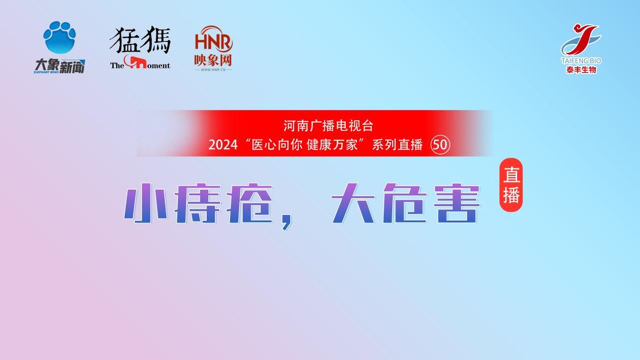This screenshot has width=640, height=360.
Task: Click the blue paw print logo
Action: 60,37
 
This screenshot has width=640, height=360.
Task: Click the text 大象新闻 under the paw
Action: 60,66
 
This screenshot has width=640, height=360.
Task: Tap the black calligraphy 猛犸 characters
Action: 140,40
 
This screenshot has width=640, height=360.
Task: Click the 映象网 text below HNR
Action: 213,60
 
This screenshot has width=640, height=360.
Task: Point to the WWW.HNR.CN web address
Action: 213,69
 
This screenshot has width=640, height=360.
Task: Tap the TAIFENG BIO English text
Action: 581,61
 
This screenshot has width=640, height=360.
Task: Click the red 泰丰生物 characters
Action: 581,70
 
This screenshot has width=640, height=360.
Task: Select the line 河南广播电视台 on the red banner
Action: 328,126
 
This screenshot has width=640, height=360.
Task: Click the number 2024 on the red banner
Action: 223,145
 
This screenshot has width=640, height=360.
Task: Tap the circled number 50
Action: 440,145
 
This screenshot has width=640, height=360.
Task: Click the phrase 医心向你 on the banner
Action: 277,145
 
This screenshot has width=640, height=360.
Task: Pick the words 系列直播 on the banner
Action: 397,145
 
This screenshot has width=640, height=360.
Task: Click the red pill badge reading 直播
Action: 511,185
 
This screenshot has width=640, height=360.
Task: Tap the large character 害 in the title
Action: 456,203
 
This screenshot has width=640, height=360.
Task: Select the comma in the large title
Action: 287,223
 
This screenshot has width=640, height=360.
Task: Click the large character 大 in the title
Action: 353,203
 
